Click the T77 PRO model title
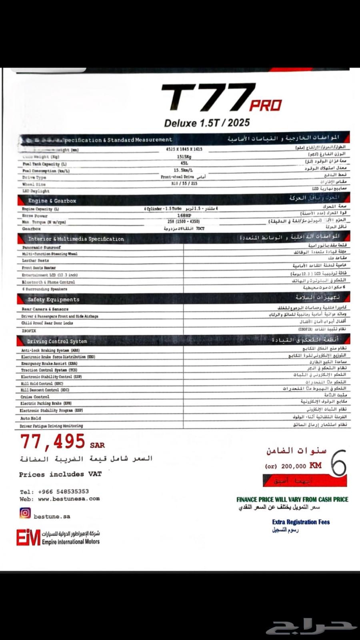[221, 98]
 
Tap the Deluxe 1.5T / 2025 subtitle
[206, 123]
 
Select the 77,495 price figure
[53, 442]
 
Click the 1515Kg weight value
[184, 157]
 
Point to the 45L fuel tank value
[184, 163]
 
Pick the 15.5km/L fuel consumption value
[184, 170]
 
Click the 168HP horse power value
[184, 215]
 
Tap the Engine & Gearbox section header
[52, 201]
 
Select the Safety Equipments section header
[54, 299]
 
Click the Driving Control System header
[57, 341]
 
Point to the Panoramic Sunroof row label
[42, 247]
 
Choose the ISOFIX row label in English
[29, 331]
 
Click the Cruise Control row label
[35, 397]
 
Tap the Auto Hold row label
[30, 419]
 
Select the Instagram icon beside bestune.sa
[25, 513]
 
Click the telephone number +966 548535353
[63, 492]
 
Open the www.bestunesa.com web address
[69, 499]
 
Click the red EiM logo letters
[28, 537]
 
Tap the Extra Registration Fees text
[301, 522]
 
